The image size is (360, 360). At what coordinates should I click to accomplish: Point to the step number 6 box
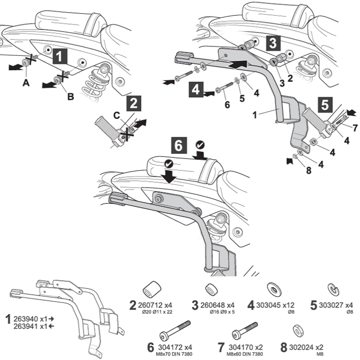(179, 146)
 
